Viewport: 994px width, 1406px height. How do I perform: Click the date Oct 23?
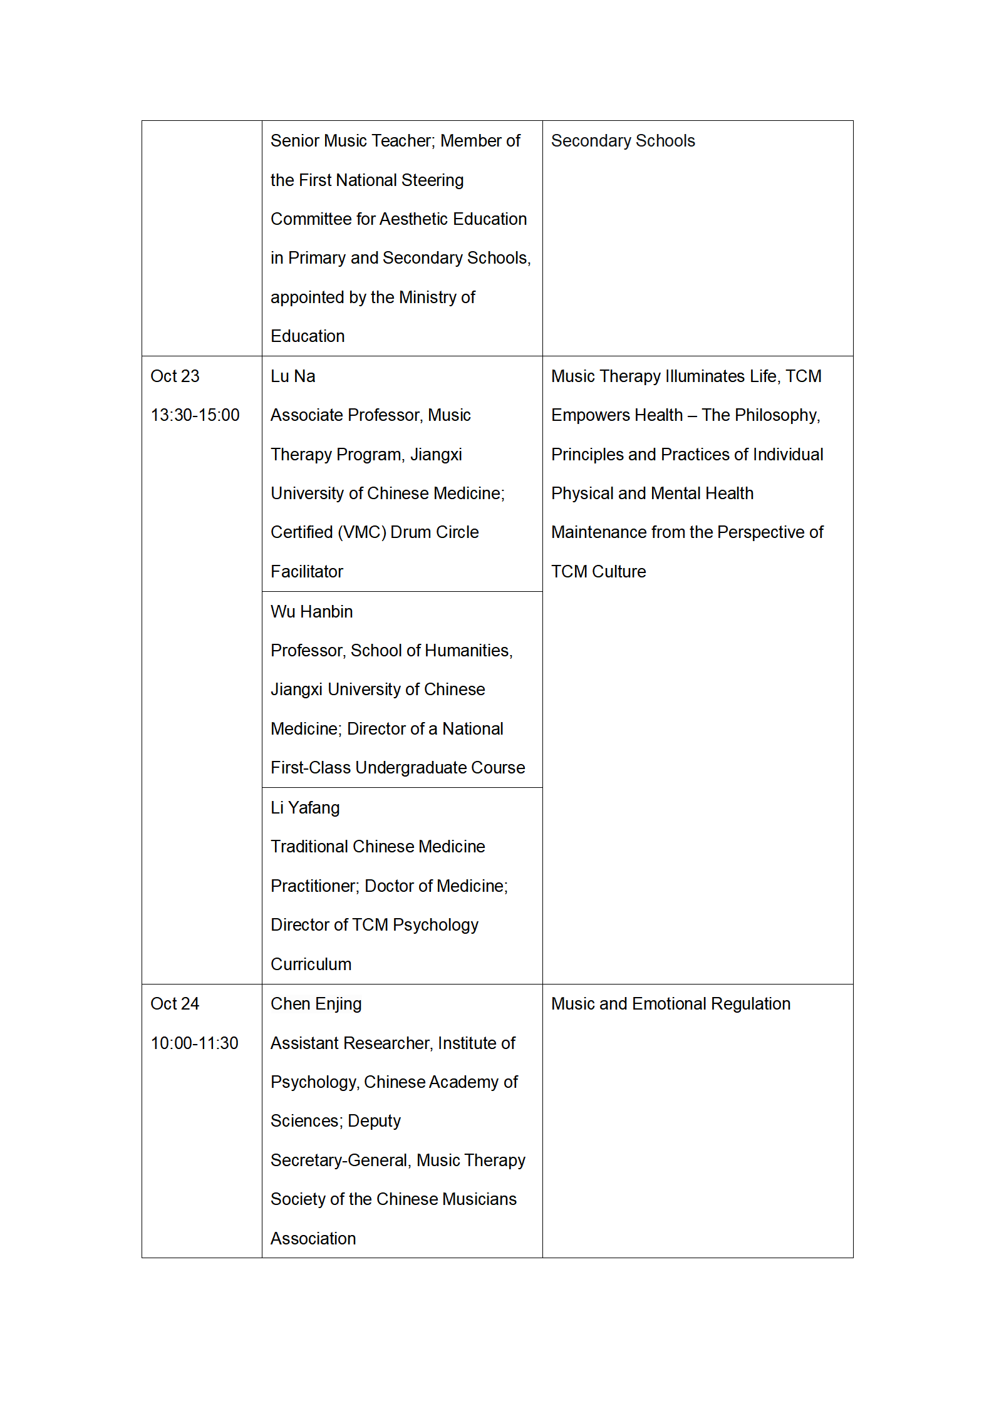click(x=175, y=376)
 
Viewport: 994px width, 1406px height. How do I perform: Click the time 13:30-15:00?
click(x=195, y=415)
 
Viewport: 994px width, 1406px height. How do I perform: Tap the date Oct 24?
click(x=175, y=1004)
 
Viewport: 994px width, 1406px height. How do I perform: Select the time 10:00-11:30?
click(x=194, y=1043)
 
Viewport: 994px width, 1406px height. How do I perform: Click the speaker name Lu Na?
click(x=293, y=376)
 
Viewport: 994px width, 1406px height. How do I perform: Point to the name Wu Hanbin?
click(x=311, y=612)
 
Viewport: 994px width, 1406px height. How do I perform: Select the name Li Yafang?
click(x=305, y=808)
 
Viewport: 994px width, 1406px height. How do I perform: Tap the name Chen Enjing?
click(x=316, y=1004)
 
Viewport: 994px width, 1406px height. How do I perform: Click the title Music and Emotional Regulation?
click(x=670, y=1004)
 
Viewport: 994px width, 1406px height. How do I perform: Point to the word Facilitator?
click(x=307, y=572)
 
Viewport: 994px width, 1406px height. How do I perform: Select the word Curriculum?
click(x=311, y=964)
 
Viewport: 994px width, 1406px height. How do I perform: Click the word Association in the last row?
click(x=313, y=1239)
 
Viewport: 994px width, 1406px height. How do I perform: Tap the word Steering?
click(x=432, y=180)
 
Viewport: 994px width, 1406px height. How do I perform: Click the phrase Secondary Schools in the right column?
click(x=623, y=141)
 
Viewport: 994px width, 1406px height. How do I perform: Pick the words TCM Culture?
click(x=598, y=572)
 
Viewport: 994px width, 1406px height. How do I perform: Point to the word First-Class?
click(x=311, y=768)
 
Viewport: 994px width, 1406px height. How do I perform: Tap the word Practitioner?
click(x=314, y=886)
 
